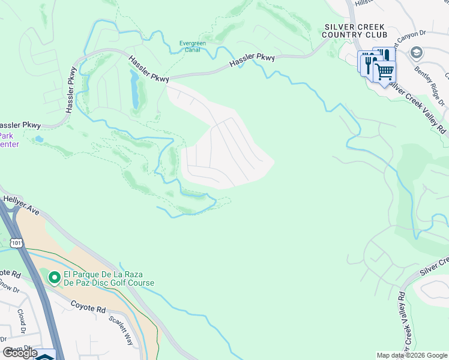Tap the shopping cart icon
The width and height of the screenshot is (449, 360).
(x=384, y=72)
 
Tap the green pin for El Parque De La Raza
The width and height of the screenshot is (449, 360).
(x=54, y=277)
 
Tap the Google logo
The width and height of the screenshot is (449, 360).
(x=19, y=353)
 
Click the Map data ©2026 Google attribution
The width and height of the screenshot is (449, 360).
(x=411, y=355)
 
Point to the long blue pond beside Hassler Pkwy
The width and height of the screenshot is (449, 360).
(x=135, y=89)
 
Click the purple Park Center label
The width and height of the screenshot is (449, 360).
(x=9, y=140)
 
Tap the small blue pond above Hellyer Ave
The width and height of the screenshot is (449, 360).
(x=39, y=139)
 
